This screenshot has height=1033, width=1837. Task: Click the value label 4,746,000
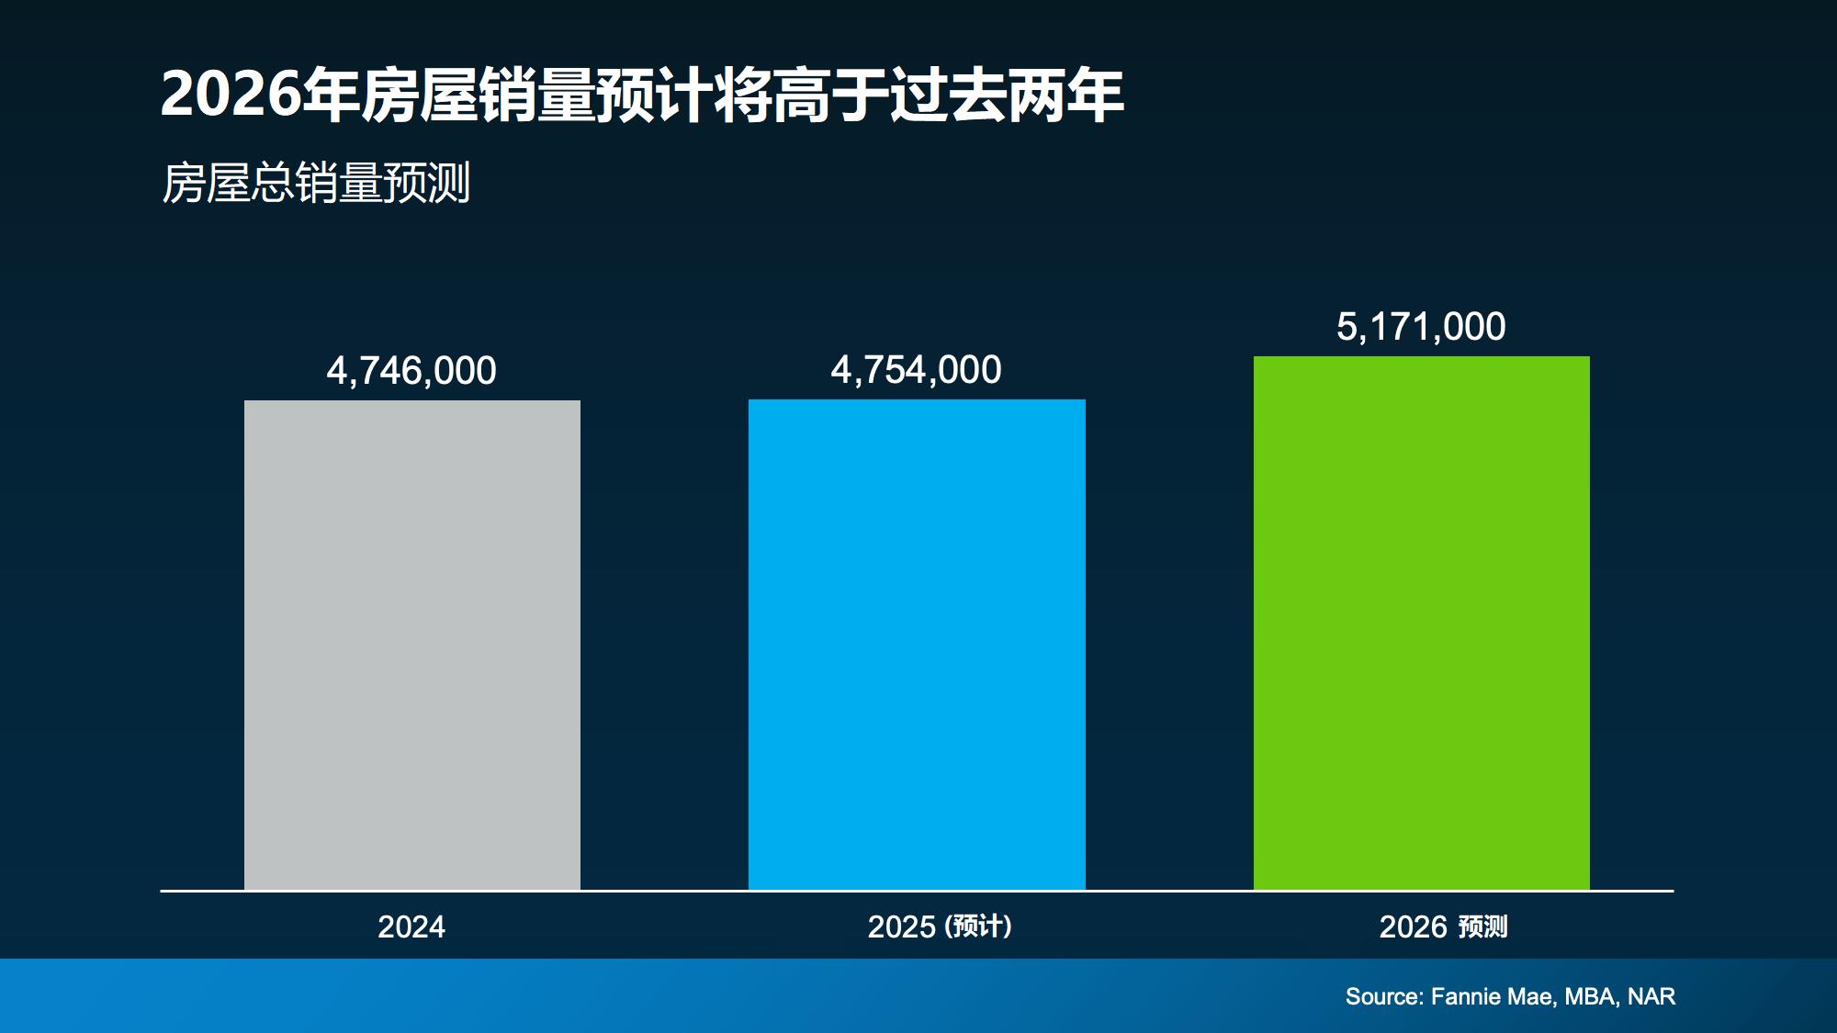click(411, 371)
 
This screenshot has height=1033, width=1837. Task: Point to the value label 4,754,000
click(916, 370)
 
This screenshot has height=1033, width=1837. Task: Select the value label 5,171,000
click(1421, 327)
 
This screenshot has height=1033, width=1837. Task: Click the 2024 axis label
click(411, 926)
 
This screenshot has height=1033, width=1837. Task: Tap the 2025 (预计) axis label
click(940, 926)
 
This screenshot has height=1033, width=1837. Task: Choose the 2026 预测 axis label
click(1443, 926)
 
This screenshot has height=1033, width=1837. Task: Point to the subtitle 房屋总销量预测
click(316, 183)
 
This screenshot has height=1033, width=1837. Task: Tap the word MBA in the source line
click(1590, 996)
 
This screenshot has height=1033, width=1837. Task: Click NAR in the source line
click(1651, 996)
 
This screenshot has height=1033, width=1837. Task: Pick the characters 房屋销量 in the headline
click(478, 95)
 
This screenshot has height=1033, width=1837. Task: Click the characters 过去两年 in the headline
click(1007, 95)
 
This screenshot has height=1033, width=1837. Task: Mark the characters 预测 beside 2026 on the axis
click(1482, 926)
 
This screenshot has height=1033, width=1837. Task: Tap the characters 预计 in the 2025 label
click(979, 926)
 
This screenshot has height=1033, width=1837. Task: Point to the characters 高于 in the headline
click(830, 95)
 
